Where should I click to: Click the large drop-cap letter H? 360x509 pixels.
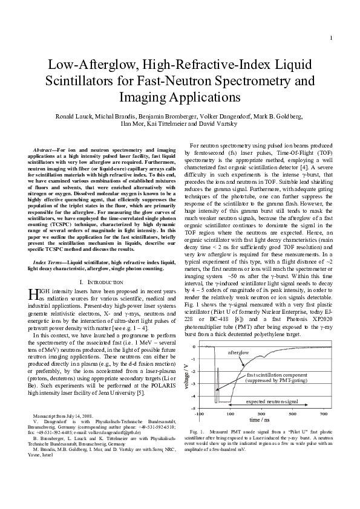pyautogui.click(x=33, y=294)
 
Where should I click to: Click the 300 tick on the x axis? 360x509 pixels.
pyautogui.click(x=261, y=413)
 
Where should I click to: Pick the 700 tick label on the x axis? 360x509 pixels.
pyautogui.click(x=324, y=413)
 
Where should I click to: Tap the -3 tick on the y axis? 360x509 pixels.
pyautogui.click(x=193, y=384)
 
